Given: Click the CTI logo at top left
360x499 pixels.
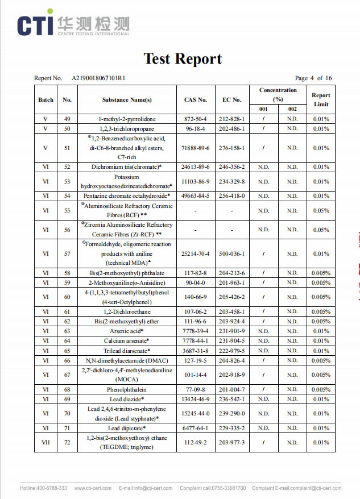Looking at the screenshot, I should point(72,24).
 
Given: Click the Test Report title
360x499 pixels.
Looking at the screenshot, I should point(183,59).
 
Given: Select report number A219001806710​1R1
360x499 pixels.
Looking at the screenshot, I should point(98,78).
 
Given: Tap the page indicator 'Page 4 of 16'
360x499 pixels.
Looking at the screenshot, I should point(313,78).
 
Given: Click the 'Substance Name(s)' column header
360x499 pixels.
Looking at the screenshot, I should point(127,100).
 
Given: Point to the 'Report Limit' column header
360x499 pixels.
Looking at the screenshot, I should point(321,99).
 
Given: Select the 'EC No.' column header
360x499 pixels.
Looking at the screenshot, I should point(232,100).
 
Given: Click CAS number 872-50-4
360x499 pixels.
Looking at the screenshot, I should point(195,119).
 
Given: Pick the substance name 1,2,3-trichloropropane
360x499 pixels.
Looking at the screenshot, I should point(127,129).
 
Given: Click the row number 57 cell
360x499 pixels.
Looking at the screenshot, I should point(67,254).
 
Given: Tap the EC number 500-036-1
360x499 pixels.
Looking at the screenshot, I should point(232,254).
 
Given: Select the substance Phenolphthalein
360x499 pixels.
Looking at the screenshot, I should point(127,389).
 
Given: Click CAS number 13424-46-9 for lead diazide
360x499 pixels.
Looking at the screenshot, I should point(195,399).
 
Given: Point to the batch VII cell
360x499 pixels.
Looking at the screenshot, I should point(45,442).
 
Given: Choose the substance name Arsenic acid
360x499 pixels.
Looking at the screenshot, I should point(127,331).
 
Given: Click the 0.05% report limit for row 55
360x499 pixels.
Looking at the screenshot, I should point(321,211).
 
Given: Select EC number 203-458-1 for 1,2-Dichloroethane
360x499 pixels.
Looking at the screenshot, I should point(232,311).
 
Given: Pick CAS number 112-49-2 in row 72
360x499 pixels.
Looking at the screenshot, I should point(195,442).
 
